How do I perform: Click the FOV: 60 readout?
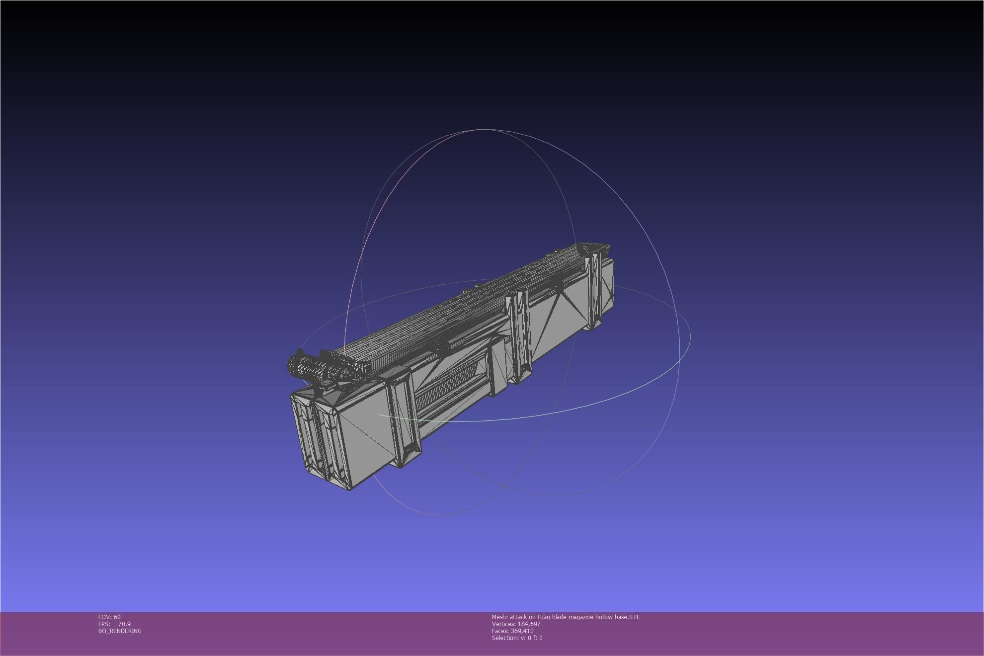point(109,617)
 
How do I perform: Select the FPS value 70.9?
point(124,624)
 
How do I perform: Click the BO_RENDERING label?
point(120,631)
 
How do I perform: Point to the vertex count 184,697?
point(529,624)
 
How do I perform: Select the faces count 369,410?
point(522,631)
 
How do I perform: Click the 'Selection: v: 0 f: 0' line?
point(517,638)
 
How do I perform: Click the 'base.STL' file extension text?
point(628,617)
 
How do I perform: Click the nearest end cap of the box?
point(318,437)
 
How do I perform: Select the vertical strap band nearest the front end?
point(404,417)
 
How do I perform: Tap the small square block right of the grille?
point(497,365)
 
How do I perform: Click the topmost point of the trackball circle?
point(481,129)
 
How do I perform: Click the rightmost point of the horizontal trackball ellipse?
point(690,336)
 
